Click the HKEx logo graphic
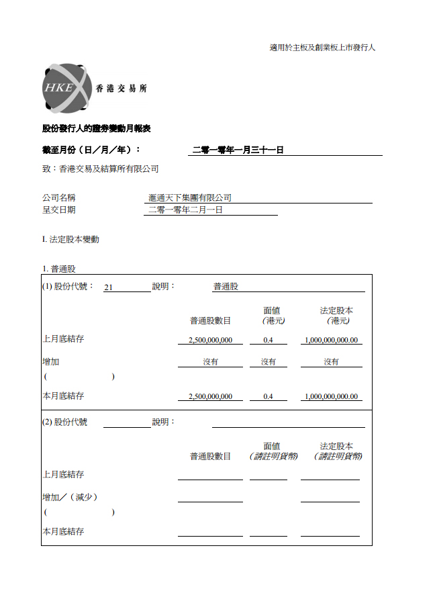point(66,88)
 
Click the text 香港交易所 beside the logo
point(122,89)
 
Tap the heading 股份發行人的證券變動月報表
point(101,128)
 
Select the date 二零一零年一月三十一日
point(238,150)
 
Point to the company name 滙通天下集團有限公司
point(190,198)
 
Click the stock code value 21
point(108,287)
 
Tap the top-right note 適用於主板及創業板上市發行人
point(322,48)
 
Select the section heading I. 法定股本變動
point(70,239)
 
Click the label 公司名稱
point(58,198)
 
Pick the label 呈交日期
point(58,210)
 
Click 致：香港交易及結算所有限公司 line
point(100,169)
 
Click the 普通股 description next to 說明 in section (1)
point(226,287)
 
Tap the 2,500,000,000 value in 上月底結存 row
point(210,340)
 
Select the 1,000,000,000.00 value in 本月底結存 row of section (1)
point(331,396)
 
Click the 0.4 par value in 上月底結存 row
point(268,340)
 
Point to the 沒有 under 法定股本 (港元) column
point(331,361)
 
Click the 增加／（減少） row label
point(70,497)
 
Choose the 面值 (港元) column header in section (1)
point(272,316)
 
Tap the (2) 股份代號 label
point(64,422)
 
